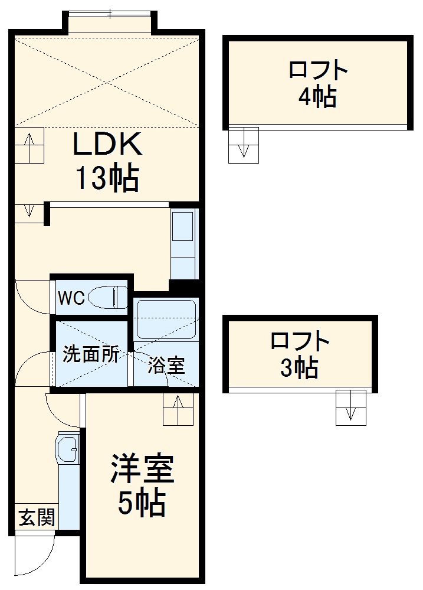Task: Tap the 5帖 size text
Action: point(142,503)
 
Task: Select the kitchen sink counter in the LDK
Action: point(183,242)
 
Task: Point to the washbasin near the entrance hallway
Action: point(67,450)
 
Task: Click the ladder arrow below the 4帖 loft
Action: point(244,145)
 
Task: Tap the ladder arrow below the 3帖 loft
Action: point(351,408)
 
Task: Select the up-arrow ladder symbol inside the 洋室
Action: point(179,409)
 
